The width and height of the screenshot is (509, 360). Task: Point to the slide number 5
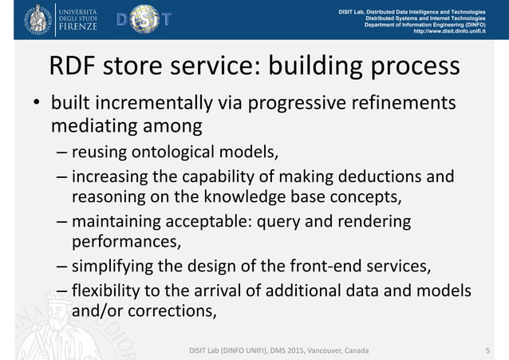(x=487, y=350)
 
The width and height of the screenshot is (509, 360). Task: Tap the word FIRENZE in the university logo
(x=77, y=26)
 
